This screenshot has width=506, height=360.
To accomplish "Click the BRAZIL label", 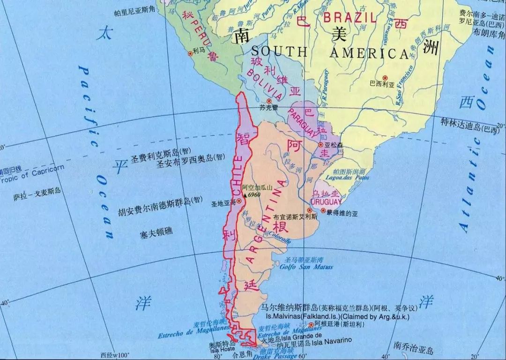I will pos(350,18).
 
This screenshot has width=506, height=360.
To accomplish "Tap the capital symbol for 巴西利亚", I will pos(385,77).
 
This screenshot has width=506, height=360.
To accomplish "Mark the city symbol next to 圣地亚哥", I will pos(239,201).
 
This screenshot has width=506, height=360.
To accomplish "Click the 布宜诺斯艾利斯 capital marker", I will pos(309,210).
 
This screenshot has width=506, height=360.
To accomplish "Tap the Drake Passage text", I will pos(278,356).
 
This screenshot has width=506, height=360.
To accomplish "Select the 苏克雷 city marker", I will pos(269,101).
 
